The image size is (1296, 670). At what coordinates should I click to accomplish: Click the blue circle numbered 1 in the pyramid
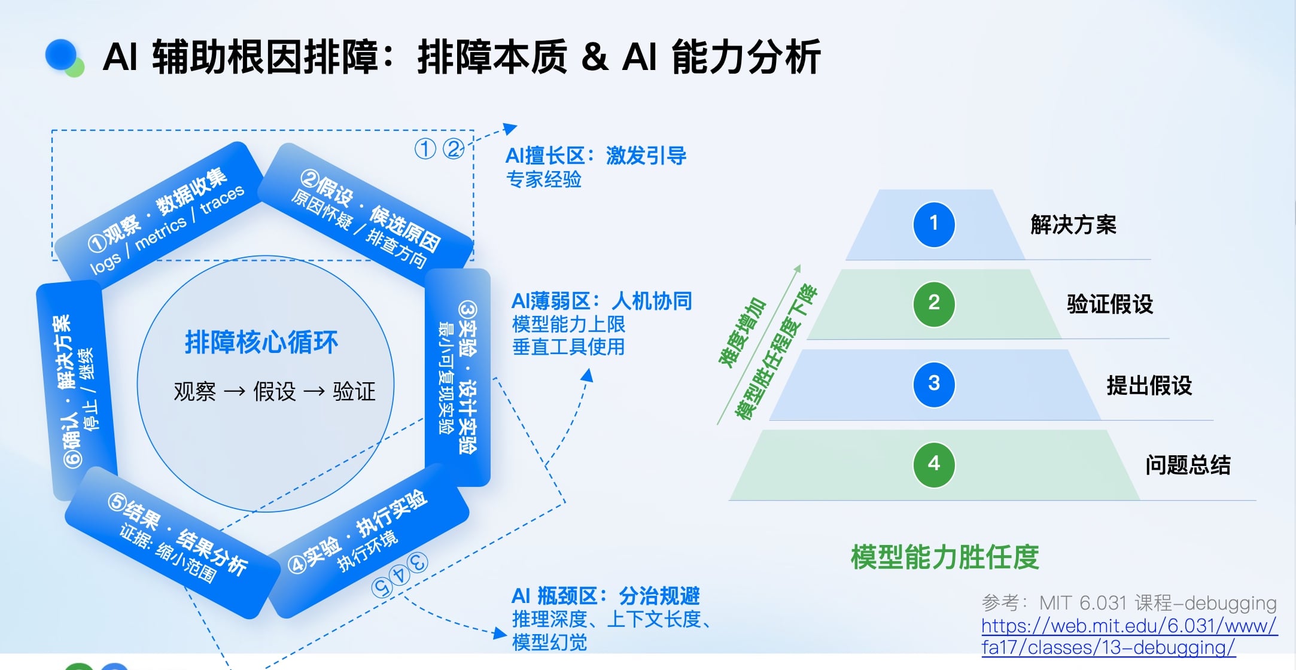tap(933, 224)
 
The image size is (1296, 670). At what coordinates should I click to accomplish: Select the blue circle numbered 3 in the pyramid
tap(933, 384)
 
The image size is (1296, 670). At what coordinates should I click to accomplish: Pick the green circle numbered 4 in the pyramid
tap(933, 464)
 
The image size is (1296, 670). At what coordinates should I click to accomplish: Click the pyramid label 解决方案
tap(1073, 225)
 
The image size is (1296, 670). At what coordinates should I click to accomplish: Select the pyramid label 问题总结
tap(1188, 465)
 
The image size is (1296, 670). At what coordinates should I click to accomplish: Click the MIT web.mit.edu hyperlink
tap(1128, 636)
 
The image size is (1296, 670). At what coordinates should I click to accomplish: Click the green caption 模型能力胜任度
tap(945, 557)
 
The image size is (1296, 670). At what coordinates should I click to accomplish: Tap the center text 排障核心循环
tap(261, 343)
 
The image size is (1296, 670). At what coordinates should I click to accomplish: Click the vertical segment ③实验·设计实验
tap(458, 377)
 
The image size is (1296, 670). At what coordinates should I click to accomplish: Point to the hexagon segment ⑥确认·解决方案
tap(75, 389)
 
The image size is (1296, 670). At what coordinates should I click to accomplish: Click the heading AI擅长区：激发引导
tap(595, 156)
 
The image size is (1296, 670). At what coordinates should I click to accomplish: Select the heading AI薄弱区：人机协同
tap(601, 301)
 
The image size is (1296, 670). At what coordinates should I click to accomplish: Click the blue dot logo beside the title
tap(62, 56)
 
